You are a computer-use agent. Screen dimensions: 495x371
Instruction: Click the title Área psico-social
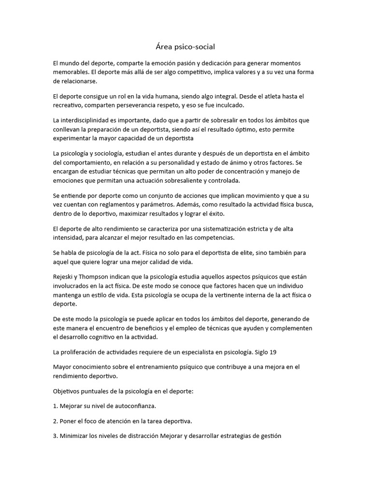[x=185, y=47]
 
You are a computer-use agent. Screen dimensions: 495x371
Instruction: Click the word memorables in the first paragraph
[x=72, y=73]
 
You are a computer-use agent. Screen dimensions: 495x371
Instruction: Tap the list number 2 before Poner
[x=56, y=421]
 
